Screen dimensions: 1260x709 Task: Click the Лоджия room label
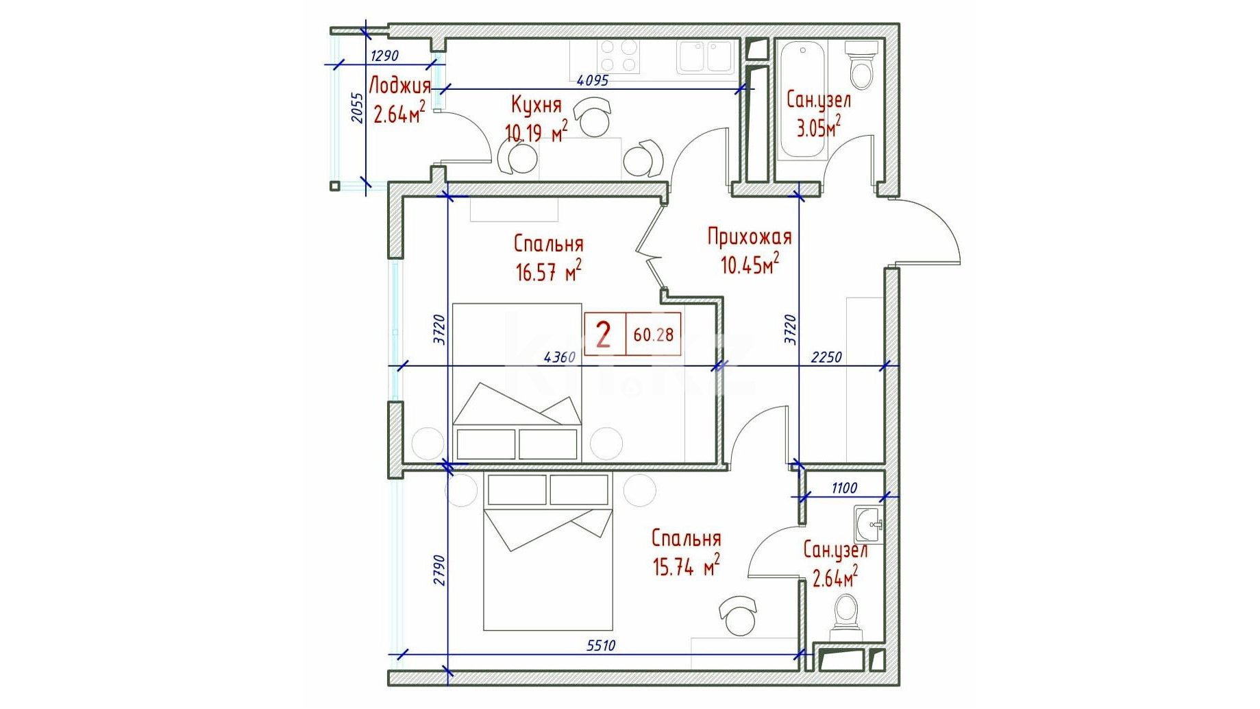tap(400, 86)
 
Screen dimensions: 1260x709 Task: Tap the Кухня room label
tap(536, 105)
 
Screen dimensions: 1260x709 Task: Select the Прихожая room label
tap(750, 237)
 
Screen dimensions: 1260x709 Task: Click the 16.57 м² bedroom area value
tap(549, 272)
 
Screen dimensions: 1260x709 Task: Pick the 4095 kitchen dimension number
tap(593, 80)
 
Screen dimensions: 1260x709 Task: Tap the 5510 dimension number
tap(601, 645)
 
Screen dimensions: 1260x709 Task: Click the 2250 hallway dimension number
tap(826, 357)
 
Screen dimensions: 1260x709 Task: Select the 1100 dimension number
tap(844, 488)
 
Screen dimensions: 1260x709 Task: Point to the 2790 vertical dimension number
tap(439, 570)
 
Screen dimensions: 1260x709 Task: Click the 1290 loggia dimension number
tap(384, 56)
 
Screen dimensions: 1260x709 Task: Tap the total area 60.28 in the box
tap(654, 335)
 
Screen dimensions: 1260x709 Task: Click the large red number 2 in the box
tap(604, 335)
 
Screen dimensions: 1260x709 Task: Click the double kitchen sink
tap(706, 56)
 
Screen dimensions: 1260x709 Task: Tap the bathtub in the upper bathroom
tap(802, 99)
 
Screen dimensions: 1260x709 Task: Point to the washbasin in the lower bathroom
tap(868, 525)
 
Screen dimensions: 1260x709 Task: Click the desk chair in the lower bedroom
tap(738, 615)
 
